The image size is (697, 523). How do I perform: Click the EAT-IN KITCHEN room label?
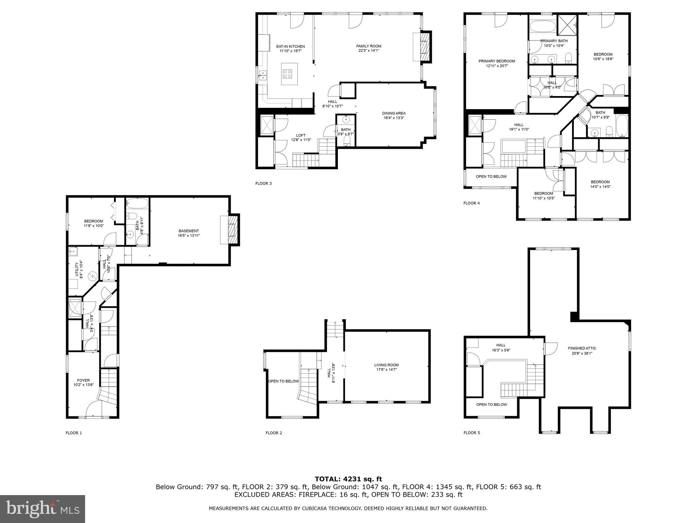pyautogui.click(x=290, y=47)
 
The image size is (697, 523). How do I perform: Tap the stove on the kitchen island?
pyautogui.click(x=287, y=74)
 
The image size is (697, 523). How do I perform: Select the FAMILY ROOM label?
pyautogui.click(x=369, y=46)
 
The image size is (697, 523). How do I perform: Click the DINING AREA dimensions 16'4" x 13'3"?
pyautogui.click(x=394, y=118)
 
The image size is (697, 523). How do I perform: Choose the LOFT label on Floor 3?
pyautogui.click(x=301, y=136)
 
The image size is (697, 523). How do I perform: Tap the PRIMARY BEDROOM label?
pyautogui.click(x=497, y=61)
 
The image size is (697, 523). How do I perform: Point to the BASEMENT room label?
pyautogui.click(x=189, y=231)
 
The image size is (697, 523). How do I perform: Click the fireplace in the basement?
pyautogui.click(x=232, y=230)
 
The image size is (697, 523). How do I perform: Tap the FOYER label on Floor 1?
pyautogui.click(x=83, y=380)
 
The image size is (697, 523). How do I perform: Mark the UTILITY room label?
pyautogui.click(x=77, y=270)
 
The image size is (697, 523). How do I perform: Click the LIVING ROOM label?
pyautogui.click(x=386, y=365)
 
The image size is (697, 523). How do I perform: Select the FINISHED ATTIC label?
pyautogui.click(x=582, y=348)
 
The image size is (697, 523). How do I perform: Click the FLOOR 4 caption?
pyautogui.click(x=471, y=203)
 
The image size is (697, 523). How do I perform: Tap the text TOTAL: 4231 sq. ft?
pyautogui.click(x=348, y=479)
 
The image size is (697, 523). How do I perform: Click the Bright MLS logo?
pyautogui.click(x=43, y=509)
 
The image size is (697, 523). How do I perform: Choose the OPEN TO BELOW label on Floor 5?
pyautogui.click(x=491, y=405)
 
